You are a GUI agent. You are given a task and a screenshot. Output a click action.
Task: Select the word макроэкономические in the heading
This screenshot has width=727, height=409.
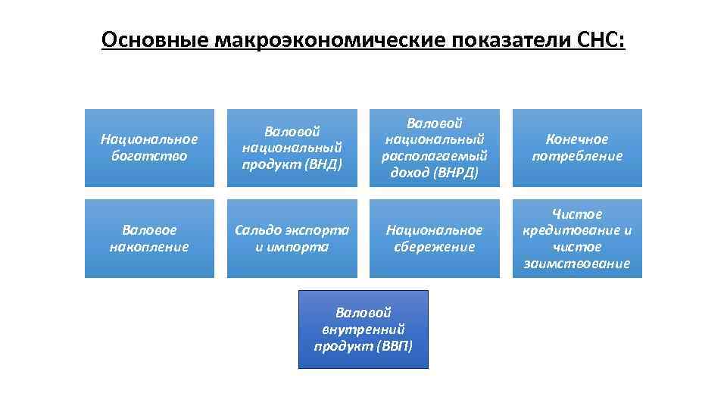pyautogui.click(x=329, y=39)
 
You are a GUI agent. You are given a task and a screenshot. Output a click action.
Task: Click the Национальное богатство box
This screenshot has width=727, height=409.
pyautogui.click(x=149, y=148)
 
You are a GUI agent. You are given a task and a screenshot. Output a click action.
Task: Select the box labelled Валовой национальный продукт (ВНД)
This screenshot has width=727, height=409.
pyautogui.click(x=292, y=148)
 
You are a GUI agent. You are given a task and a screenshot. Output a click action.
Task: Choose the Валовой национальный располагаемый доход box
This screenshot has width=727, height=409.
pyautogui.click(x=435, y=148)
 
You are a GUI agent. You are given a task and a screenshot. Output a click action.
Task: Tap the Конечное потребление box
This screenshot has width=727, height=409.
pyautogui.click(x=577, y=148)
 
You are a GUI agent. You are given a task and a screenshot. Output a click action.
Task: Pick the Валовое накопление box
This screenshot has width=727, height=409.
pyautogui.click(x=149, y=239)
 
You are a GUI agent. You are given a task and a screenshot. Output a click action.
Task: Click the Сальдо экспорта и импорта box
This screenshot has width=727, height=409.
pyautogui.click(x=292, y=239)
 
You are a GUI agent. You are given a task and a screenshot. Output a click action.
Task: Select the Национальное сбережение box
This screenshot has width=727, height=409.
pyautogui.click(x=435, y=239)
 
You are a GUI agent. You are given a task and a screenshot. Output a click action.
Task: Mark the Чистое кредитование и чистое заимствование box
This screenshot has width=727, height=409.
pyautogui.click(x=577, y=239)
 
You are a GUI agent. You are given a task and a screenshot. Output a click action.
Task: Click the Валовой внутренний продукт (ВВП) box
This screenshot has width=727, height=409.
pyautogui.click(x=363, y=329)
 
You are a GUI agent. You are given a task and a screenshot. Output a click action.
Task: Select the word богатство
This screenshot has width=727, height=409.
pyautogui.click(x=149, y=156)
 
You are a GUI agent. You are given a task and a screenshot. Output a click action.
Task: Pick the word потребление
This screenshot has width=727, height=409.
pyautogui.click(x=577, y=156)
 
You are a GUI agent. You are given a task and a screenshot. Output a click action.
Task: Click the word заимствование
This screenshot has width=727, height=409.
pyautogui.click(x=577, y=264)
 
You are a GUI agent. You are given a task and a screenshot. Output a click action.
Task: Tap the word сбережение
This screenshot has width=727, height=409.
pyautogui.click(x=435, y=247)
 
